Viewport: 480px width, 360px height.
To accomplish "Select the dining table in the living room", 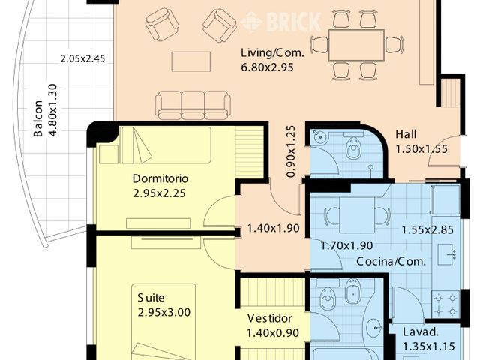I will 356,44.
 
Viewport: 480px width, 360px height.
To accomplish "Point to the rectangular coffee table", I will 192,60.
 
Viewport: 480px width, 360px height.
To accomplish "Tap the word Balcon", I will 37,120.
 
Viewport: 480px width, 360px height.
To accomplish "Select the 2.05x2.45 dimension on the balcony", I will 85,58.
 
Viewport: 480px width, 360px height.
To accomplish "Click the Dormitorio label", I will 160,179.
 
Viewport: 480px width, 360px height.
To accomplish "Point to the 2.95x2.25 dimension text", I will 158,193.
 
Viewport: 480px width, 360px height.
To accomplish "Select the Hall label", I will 408,136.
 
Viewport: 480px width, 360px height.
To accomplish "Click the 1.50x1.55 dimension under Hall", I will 421,149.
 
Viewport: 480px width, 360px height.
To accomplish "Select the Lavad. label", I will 420,332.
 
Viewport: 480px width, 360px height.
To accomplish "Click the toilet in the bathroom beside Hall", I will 354,150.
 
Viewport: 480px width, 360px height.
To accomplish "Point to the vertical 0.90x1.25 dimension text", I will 291,151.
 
